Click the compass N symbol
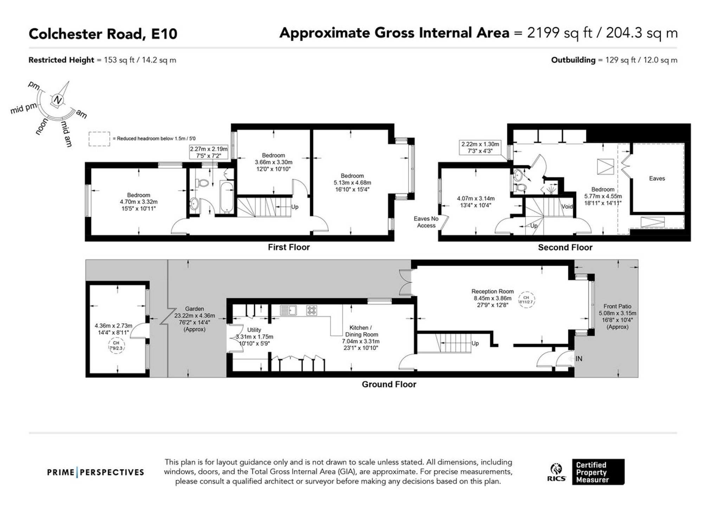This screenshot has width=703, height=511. pyautogui.click(x=58, y=100)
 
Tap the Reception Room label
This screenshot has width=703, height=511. pyautogui.click(x=492, y=291)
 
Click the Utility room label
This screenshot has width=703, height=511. pyautogui.click(x=254, y=330)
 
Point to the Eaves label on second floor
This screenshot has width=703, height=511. pyautogui.click(x=657, y=178)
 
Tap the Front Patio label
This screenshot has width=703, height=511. pyautogui.click(x=617, y=307)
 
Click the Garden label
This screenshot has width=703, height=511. pyautogui.click(x=194, y=309)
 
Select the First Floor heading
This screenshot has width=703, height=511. pyautogui.click(x=289, y=247)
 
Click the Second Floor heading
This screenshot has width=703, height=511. pyautogui.click(x=565, y=247)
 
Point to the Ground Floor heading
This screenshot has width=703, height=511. pyautogui.click(x=389, y=384)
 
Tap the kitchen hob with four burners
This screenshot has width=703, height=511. pyautogui.click(x=312, y=310)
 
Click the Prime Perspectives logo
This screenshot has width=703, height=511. pyautogui.click(x=96, y=472)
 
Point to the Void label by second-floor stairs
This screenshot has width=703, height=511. pyautogui.click(x=567, y=207)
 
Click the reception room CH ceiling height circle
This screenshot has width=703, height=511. pyautogui.click(x=526, y=300)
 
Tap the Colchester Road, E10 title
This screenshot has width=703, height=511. pyautogui.click(x=103, y=34)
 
